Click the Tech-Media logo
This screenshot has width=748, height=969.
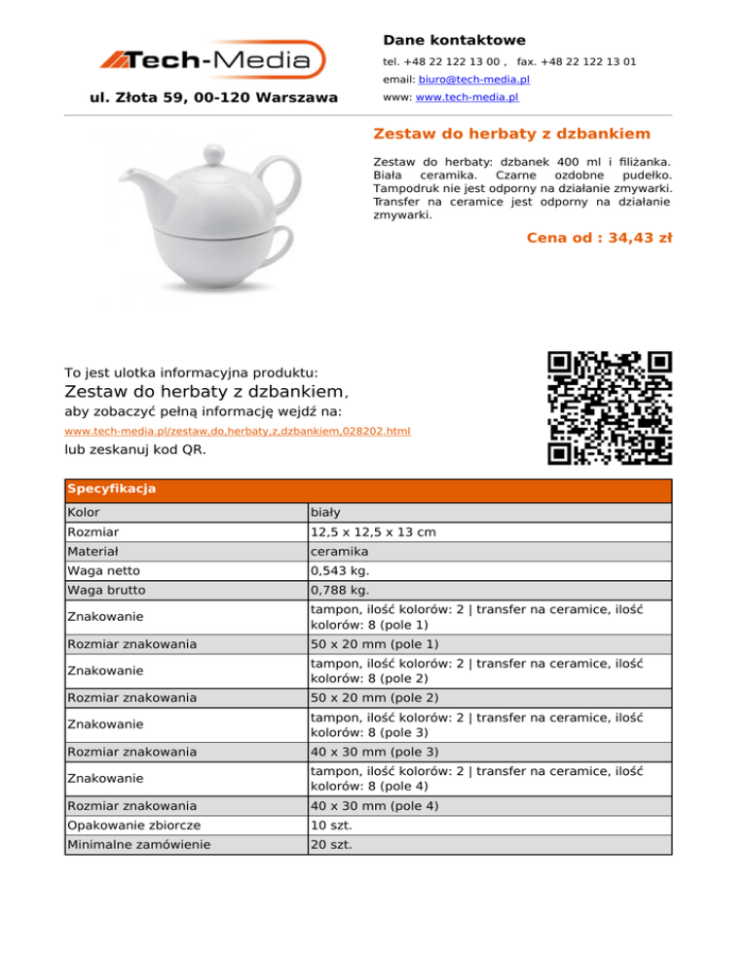(213, 61)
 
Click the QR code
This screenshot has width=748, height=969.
(610, 407)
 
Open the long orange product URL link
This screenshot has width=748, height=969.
(238, 431)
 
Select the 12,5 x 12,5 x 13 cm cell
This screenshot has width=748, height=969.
(373, 532)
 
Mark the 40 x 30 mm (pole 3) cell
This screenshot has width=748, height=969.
(374, 752)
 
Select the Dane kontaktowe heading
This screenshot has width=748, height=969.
(454, 40)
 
